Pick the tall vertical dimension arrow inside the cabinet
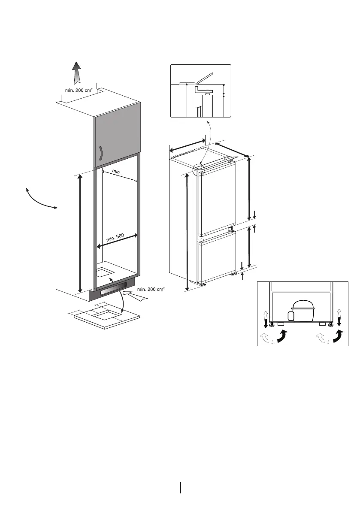pyautogui.click(x=80, y=234)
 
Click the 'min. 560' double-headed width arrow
pyautogui.click(x=117, y=241)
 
